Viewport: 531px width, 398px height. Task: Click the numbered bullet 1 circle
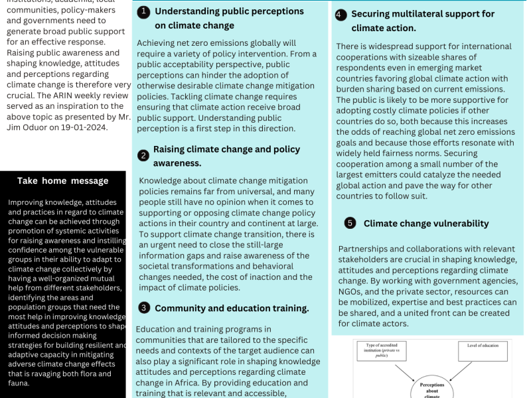click(143, 12)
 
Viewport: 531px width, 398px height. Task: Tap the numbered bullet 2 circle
click(143, 156)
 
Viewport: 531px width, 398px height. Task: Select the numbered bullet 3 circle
click(143, 308)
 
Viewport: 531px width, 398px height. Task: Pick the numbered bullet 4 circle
click(341, 15)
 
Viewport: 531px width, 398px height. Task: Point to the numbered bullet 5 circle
click(350, 224)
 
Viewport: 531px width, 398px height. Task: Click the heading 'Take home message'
click(62, 180)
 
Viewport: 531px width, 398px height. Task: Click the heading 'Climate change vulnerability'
click(425, 224)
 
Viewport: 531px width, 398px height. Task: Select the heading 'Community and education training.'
click(232, 308)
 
